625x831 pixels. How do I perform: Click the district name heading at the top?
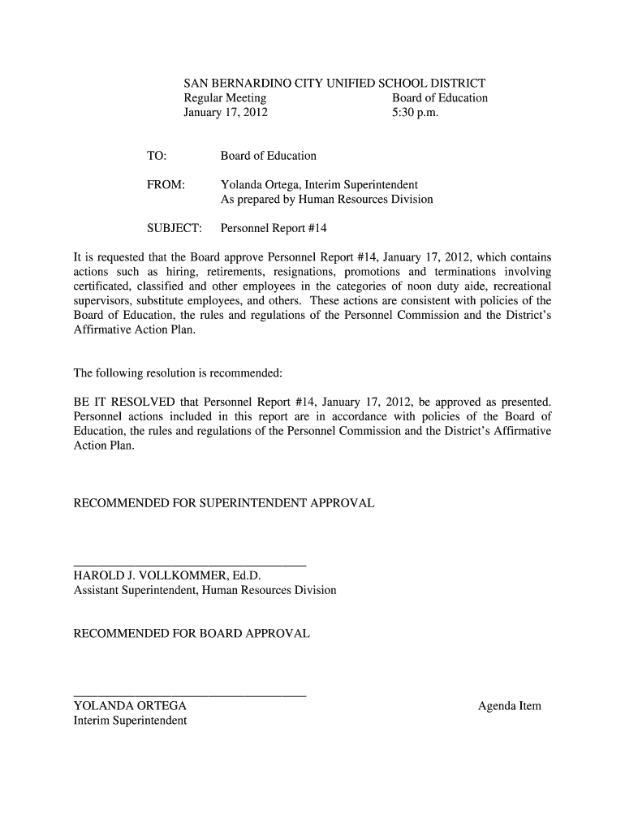[x=334, y=83]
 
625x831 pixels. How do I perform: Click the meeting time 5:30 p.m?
[x=415, y=113]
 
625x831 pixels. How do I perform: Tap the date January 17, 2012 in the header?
[x=226, y=113]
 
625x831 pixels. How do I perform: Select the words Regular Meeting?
[x=225, y=98]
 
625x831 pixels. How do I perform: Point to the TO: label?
[x=156, y=156]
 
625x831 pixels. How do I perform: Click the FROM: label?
[x=166, y=185]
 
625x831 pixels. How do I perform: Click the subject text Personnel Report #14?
[x=274, y=229]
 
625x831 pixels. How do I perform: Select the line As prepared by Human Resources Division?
[x=326, y=200]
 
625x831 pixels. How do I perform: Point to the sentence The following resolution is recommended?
[x=178, y=373]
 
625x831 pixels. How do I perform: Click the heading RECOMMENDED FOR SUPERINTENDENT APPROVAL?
[x=224, y=504]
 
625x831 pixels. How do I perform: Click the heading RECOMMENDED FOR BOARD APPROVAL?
[x=192, y=633]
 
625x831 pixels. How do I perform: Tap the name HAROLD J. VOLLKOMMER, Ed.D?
[x=167, y=576]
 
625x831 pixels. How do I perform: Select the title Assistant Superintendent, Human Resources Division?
[x=205, y=591]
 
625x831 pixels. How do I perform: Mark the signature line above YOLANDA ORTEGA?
[x=190, y=695]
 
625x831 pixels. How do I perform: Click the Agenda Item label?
[x=509, y=706]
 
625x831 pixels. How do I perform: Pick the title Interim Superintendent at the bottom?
[x=130, y=721]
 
